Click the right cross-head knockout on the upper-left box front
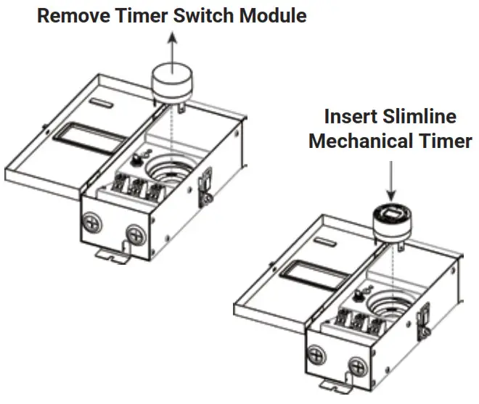135,234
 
